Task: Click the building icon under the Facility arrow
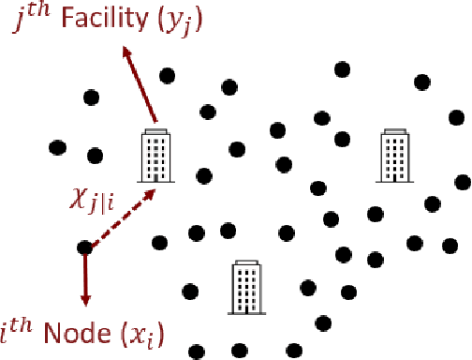[155, 155]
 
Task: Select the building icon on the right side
[395, 156]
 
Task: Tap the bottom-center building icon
[246, 287]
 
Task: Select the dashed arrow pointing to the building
[118, 218]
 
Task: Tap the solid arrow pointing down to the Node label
[85, 276]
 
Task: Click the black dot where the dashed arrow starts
[84, 247]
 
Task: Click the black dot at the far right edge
[461, 181]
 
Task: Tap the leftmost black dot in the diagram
[57, 147]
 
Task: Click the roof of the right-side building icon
[395, 134]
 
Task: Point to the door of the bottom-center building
[246, 306]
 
